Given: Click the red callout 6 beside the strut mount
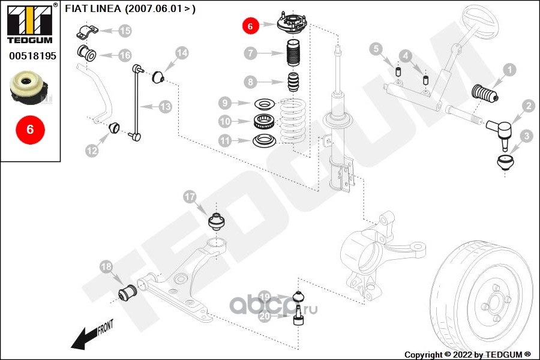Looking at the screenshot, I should (x=250, y=26).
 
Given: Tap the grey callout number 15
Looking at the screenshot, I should (x=125, y=30).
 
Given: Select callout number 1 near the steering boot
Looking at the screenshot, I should (x=509, y=71).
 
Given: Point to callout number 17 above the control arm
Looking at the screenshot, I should (x=190, y=197).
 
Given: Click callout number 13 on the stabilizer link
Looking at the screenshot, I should (x=165, y=107).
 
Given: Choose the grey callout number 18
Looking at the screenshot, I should (x=106, y=266).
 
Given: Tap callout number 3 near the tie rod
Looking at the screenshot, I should (x=526, y=137).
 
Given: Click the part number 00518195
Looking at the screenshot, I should (x=32, y=56).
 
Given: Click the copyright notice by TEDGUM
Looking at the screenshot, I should (x=467, y=355).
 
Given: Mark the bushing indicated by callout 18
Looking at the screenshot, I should (x=127, y=293).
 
